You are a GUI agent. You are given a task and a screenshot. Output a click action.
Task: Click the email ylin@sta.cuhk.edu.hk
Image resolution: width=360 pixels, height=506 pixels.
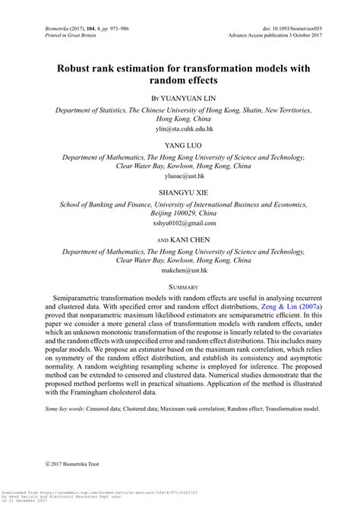click(x=180, y=129)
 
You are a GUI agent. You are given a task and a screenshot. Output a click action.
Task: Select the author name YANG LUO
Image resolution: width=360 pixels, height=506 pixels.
click(x=180, y=144)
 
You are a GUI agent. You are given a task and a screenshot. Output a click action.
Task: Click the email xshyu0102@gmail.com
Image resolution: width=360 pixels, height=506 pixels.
click(x=180, y=223)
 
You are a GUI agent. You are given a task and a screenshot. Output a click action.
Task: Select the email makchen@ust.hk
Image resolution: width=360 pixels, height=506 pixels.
click(x=180, y=270)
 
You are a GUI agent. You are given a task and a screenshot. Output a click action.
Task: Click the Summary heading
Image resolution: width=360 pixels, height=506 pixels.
click(x=180, y=286)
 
